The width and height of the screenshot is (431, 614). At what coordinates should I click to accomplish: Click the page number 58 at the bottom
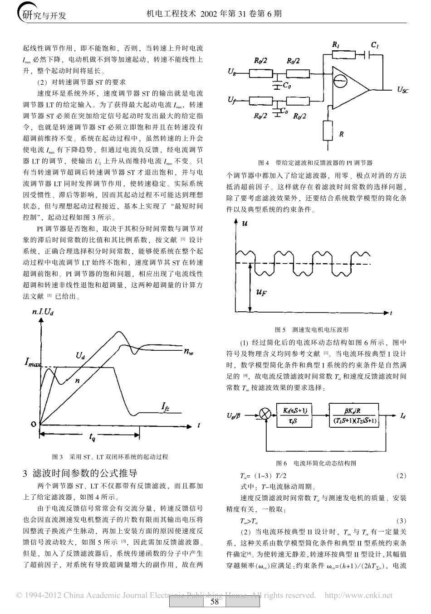tap(215, 602)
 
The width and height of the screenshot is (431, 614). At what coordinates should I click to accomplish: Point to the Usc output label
tap(402, 90)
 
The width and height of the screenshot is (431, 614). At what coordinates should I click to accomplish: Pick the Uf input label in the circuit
tap(232, 99)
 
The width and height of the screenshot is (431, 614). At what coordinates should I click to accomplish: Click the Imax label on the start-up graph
tap(32, 363)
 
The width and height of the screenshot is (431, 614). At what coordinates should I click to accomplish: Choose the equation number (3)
tap(401, 521)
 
